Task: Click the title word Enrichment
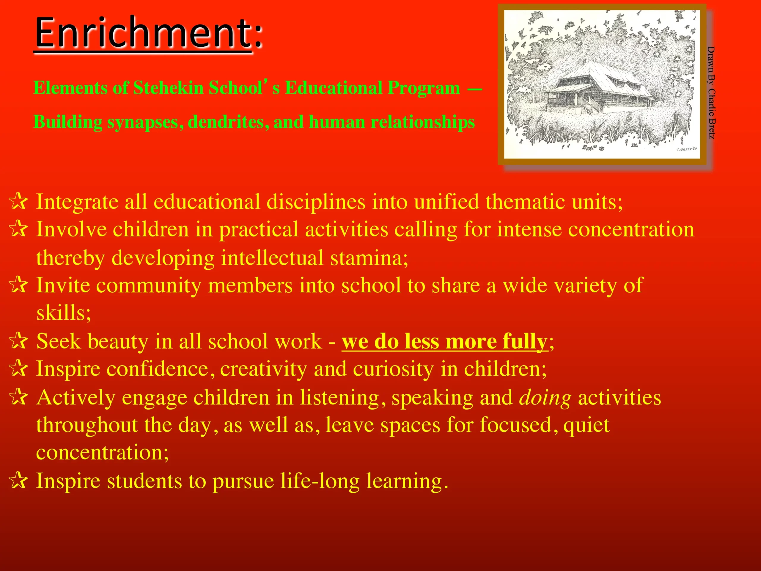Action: pyautogui.click(x=143, y=33)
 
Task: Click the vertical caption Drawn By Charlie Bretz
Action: pyautogui.click(x=711, y=93)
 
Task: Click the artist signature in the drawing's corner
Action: pyautogui.click(x=687, y=149)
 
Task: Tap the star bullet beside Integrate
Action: pyautogui.click(x=18, y=201)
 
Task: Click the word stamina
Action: pyautogui.click(x=369, y=258)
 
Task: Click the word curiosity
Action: pyautogui.click(x=393, y=370)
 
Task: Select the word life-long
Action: pyautogui.click(x=320, y=481)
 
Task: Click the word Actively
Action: pyautogui.click(x=76, y=398)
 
